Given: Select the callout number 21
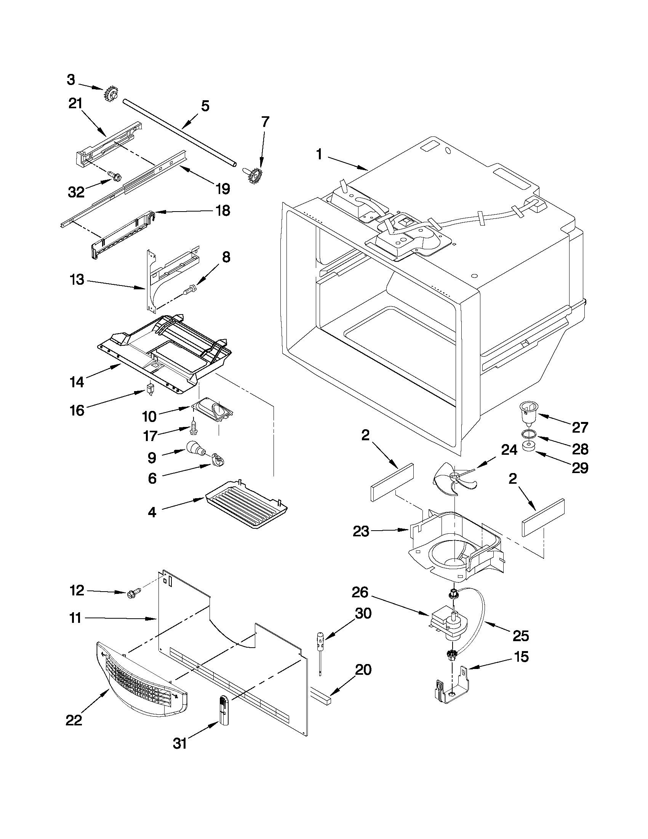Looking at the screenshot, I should pyautogui.click(x=75, y=104).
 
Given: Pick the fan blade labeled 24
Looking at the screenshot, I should pyautogui.click(x=454, y=478).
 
